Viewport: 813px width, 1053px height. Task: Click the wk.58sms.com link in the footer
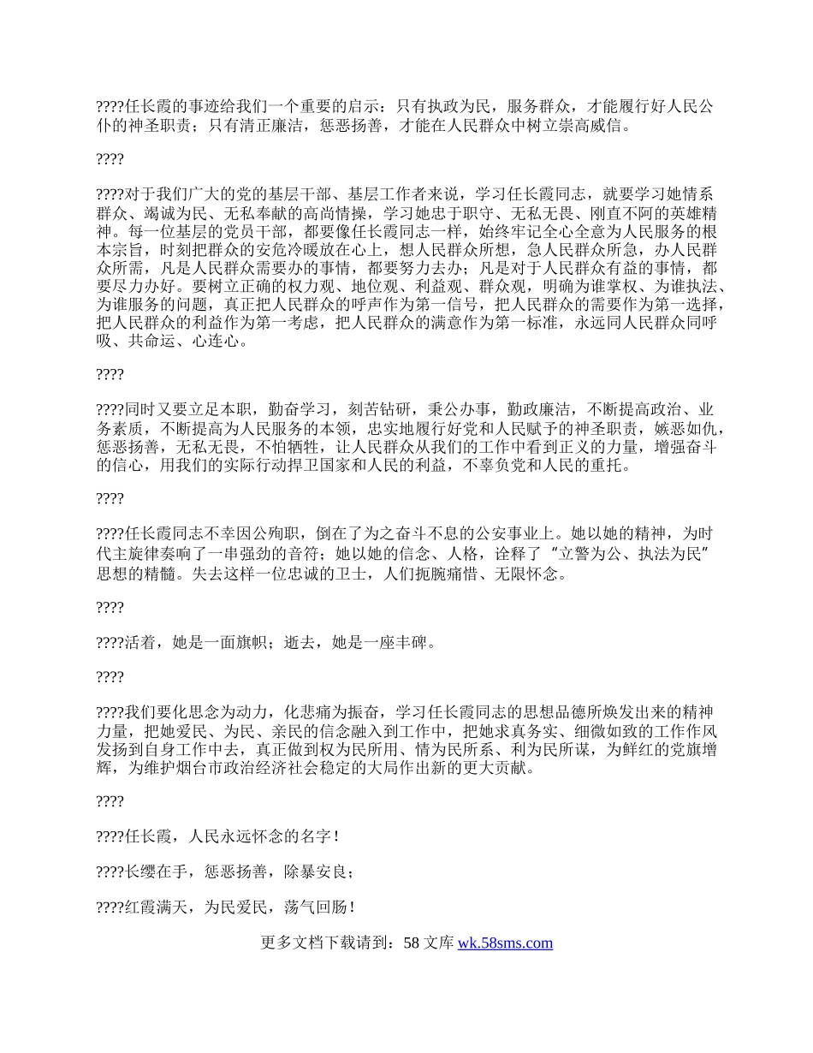(x=505, y=943)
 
